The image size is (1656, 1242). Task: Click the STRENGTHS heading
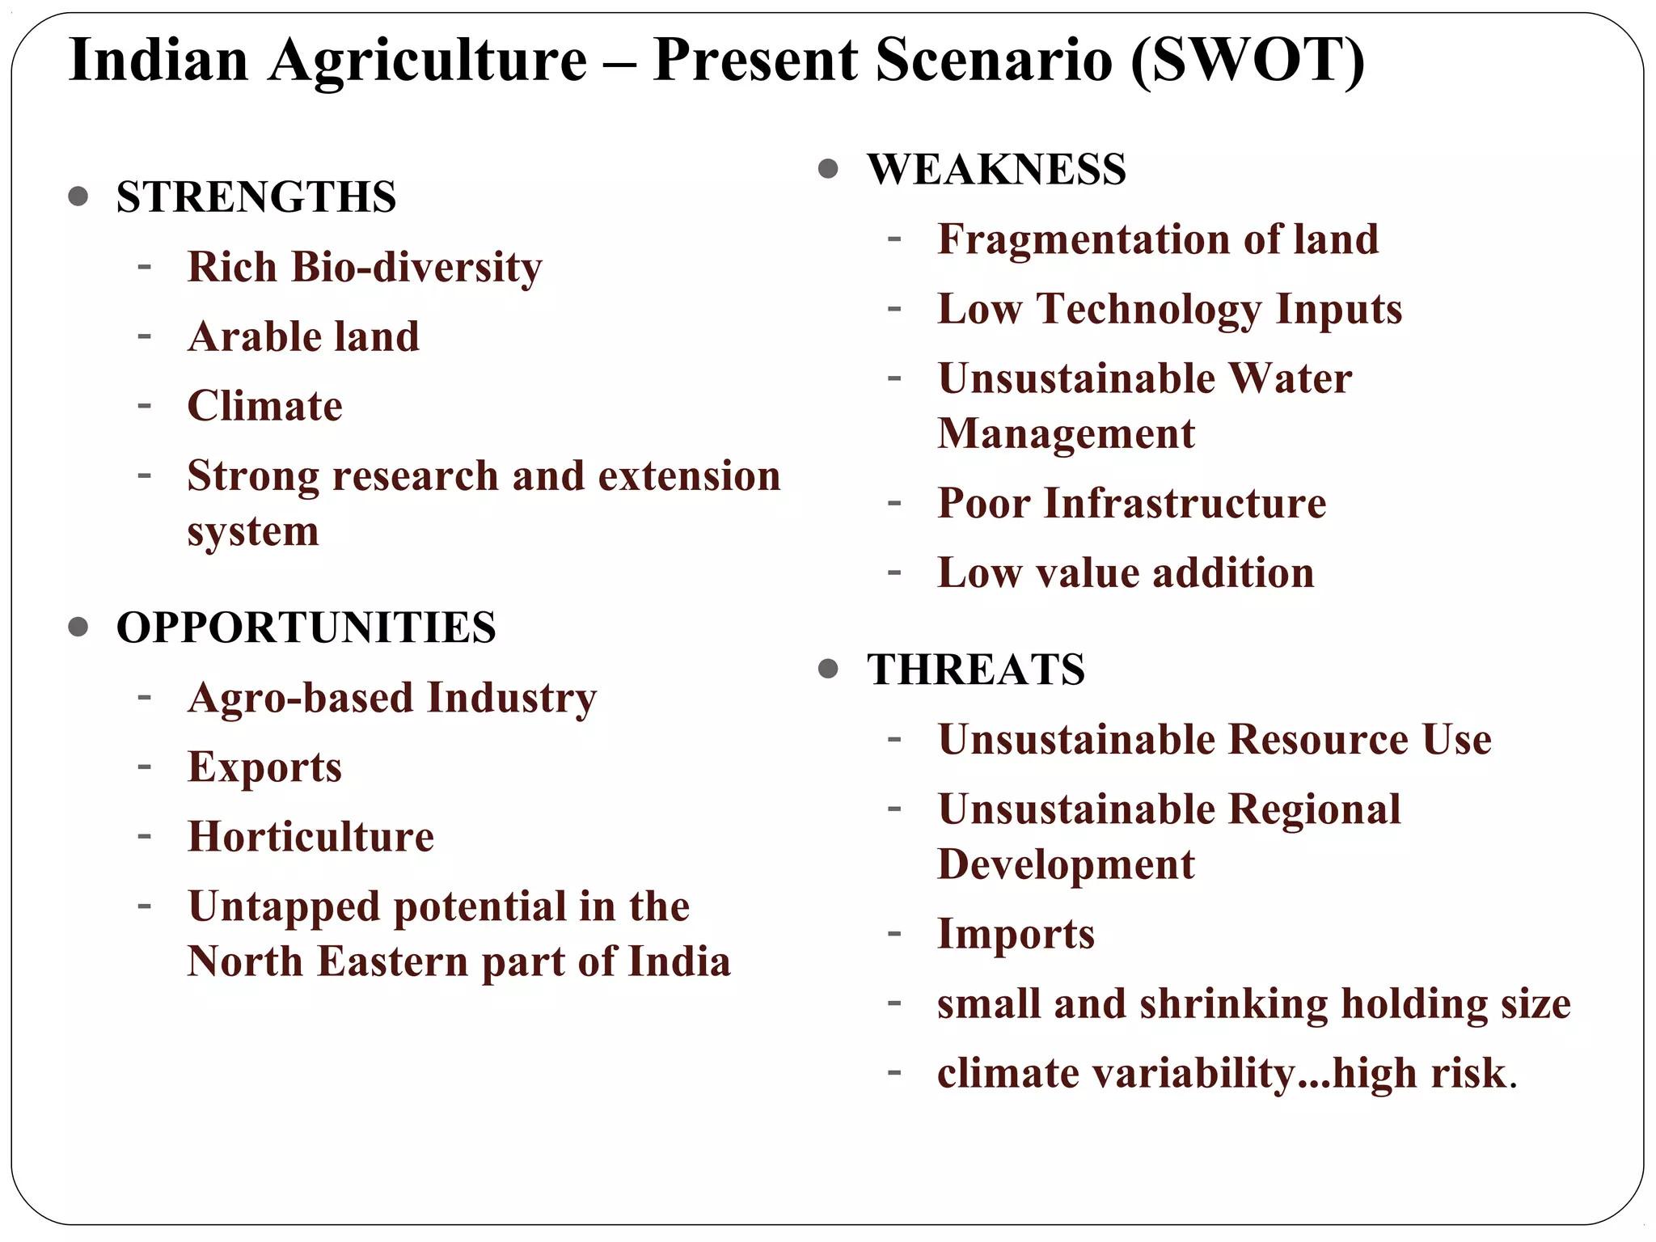pos(256,196)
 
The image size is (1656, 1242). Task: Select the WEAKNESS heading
pos(996,170)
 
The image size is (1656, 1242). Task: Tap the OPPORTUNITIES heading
pos(306,627)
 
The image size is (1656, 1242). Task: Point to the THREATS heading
pos(976,670)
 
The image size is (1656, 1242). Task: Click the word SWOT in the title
pos(1248,61)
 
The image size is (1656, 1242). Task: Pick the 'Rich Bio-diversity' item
pos(365,267)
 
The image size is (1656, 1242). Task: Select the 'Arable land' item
pos(303,336)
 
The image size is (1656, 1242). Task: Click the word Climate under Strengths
pos(264,406)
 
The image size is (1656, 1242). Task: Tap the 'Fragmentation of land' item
pos(1158,239)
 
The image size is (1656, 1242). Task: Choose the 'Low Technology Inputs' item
pos(1169,309)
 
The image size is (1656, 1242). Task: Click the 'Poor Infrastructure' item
pos(1131,503)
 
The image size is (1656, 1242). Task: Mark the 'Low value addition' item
pos(1126,572)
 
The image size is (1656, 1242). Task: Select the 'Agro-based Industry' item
pos(392,697)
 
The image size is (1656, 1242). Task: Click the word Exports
pos(264,767)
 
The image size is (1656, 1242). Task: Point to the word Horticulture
pos(310,836)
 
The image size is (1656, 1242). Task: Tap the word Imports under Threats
pos(1016,934)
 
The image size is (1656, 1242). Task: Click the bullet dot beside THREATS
pos(827,669)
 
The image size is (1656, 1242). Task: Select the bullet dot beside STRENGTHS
pos(78,196)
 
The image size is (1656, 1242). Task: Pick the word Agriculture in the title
pos(428,61)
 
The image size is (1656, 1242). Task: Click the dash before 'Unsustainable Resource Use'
pos(893,738)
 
